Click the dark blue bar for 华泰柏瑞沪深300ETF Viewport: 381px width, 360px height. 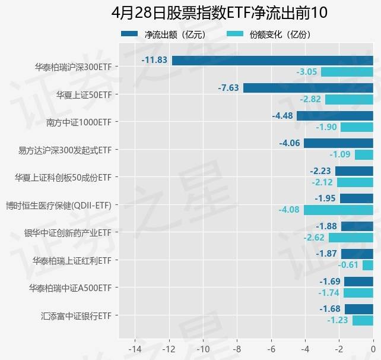point(272,60)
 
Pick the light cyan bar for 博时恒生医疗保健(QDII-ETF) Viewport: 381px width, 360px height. point(338,210)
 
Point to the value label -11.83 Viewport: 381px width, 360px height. point(154,60)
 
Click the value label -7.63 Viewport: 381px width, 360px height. point(228,88)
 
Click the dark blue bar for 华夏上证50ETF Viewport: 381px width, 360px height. point(308,88)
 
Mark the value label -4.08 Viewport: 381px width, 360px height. point(290,210)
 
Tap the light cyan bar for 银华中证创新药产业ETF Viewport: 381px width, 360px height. point(351,238)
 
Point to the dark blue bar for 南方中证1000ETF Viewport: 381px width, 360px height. point(335,116)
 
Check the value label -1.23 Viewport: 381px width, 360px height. point(338,320)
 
